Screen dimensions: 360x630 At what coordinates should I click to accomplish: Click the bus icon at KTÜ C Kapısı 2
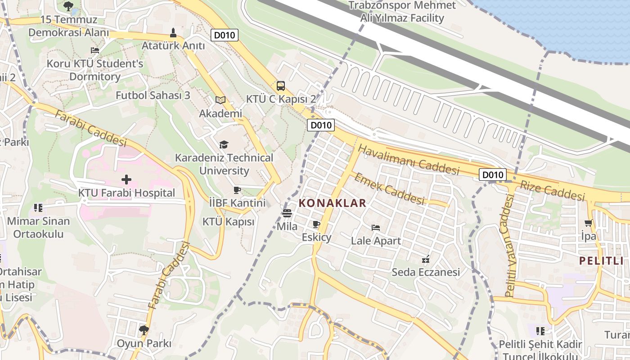coord(280,85)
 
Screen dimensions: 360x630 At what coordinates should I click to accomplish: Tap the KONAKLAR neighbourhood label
coord(333,203)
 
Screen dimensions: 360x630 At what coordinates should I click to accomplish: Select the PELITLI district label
coord(601,261)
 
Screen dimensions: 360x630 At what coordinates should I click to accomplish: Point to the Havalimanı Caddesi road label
coord(409,160)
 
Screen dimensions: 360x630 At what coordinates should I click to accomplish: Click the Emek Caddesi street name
coord(389,189)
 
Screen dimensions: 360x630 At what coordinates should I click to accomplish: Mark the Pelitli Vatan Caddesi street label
coord(509,247)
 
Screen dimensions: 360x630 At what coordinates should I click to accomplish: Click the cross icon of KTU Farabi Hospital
coord(126,180)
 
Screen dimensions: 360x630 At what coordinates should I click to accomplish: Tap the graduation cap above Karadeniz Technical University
coord(224,144)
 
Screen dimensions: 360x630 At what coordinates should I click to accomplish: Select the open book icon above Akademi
coord(220,100)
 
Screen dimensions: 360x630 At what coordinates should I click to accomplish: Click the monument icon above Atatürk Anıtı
coord(173,32)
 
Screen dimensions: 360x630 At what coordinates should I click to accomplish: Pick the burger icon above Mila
coord(287,213)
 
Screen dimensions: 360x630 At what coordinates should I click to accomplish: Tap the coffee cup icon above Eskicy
coord(316,224)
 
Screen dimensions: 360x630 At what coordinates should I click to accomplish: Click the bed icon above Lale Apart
coord(376,227)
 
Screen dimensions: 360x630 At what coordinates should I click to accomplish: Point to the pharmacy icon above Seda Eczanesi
coord(426,259)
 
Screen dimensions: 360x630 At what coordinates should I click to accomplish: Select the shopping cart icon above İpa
coord(588,223)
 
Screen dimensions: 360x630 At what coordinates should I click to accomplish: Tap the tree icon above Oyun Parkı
coord(144,330)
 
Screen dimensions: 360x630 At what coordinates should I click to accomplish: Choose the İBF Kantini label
coord(237,202)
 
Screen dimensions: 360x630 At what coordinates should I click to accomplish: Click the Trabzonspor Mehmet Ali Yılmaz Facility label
coord(402,12)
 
